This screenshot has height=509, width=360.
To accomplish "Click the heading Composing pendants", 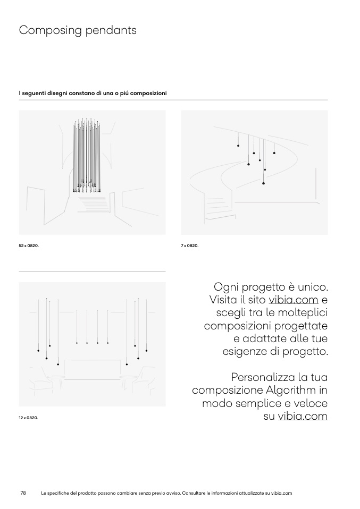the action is point(78,30).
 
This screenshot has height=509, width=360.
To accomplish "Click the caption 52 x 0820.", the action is point(29,246).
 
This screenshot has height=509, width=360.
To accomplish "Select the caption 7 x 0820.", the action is point(190,246).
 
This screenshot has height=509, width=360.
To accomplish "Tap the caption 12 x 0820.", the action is point(28,418).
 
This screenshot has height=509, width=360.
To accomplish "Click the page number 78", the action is point(23,493).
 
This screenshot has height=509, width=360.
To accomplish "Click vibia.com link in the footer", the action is point(281,493).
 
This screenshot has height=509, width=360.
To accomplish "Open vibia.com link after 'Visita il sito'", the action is point(293,299).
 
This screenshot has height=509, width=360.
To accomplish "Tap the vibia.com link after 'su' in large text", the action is point(303,416).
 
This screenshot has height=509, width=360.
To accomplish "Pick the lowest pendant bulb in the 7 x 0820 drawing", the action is point(264,183).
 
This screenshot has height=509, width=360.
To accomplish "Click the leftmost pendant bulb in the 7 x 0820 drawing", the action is point(238,146).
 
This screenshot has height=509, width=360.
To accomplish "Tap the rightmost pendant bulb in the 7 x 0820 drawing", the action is point(274,153).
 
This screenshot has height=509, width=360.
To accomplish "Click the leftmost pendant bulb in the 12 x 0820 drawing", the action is point(38,351).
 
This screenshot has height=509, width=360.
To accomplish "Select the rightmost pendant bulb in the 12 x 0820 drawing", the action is point(147,351).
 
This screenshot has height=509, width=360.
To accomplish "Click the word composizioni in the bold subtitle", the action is point(148,94).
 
